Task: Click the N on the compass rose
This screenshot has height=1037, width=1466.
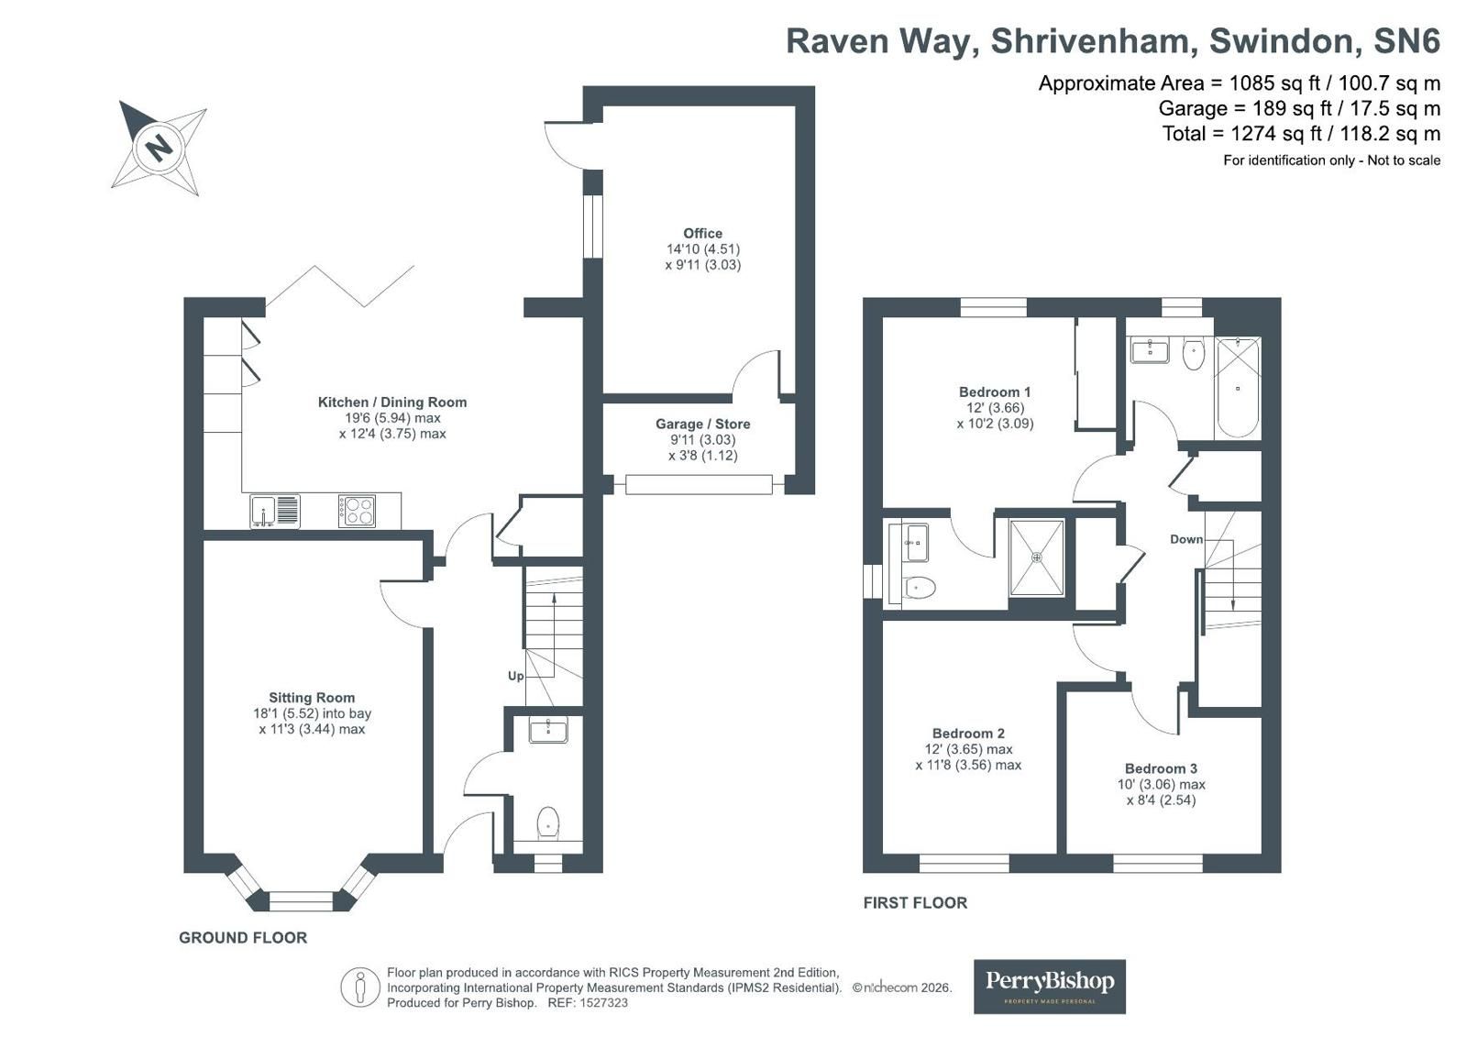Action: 158,148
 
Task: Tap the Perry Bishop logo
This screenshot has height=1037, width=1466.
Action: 1050,987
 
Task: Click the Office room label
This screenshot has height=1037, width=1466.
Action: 703,233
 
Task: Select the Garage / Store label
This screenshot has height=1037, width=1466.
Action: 703,425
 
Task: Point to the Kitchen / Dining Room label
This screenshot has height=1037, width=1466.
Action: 392,402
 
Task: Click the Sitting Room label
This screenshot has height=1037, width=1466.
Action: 312,698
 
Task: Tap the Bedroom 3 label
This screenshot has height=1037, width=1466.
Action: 1161,768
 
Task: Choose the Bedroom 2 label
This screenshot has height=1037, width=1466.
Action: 968,734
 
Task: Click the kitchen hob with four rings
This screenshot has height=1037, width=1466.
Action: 357,512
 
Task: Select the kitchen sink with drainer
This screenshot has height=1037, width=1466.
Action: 275,512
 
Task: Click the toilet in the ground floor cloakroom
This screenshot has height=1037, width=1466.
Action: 547,823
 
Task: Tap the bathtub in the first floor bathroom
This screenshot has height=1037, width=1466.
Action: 1238,387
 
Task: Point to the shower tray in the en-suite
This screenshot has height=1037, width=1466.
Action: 1037,557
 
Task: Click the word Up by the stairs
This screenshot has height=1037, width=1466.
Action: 516,676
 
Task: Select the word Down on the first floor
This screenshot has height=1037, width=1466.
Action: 1186,539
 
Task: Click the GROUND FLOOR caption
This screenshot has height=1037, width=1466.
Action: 243,937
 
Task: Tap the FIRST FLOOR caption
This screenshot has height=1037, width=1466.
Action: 915,903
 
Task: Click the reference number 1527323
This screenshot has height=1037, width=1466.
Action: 602,1003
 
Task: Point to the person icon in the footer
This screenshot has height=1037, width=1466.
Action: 359,987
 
